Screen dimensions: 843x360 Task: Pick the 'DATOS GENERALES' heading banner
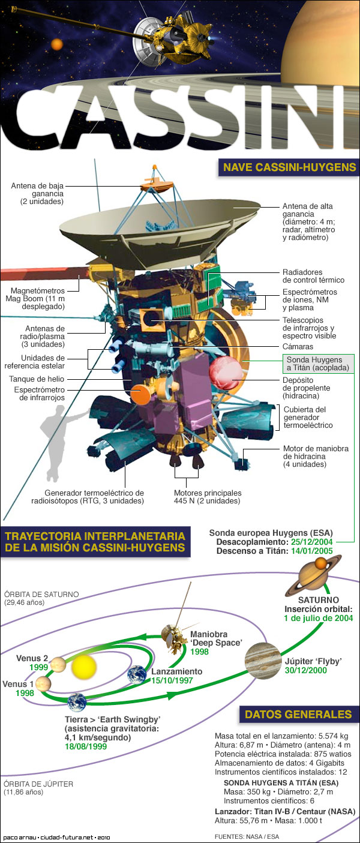(x=298, y=714)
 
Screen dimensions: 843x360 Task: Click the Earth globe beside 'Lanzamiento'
(x=137, y=674)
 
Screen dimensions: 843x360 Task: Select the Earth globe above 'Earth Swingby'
(x=77, y=702)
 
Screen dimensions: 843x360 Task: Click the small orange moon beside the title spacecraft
(x=57, y=44)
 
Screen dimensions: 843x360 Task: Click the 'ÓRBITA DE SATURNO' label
(x=41, y=594)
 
